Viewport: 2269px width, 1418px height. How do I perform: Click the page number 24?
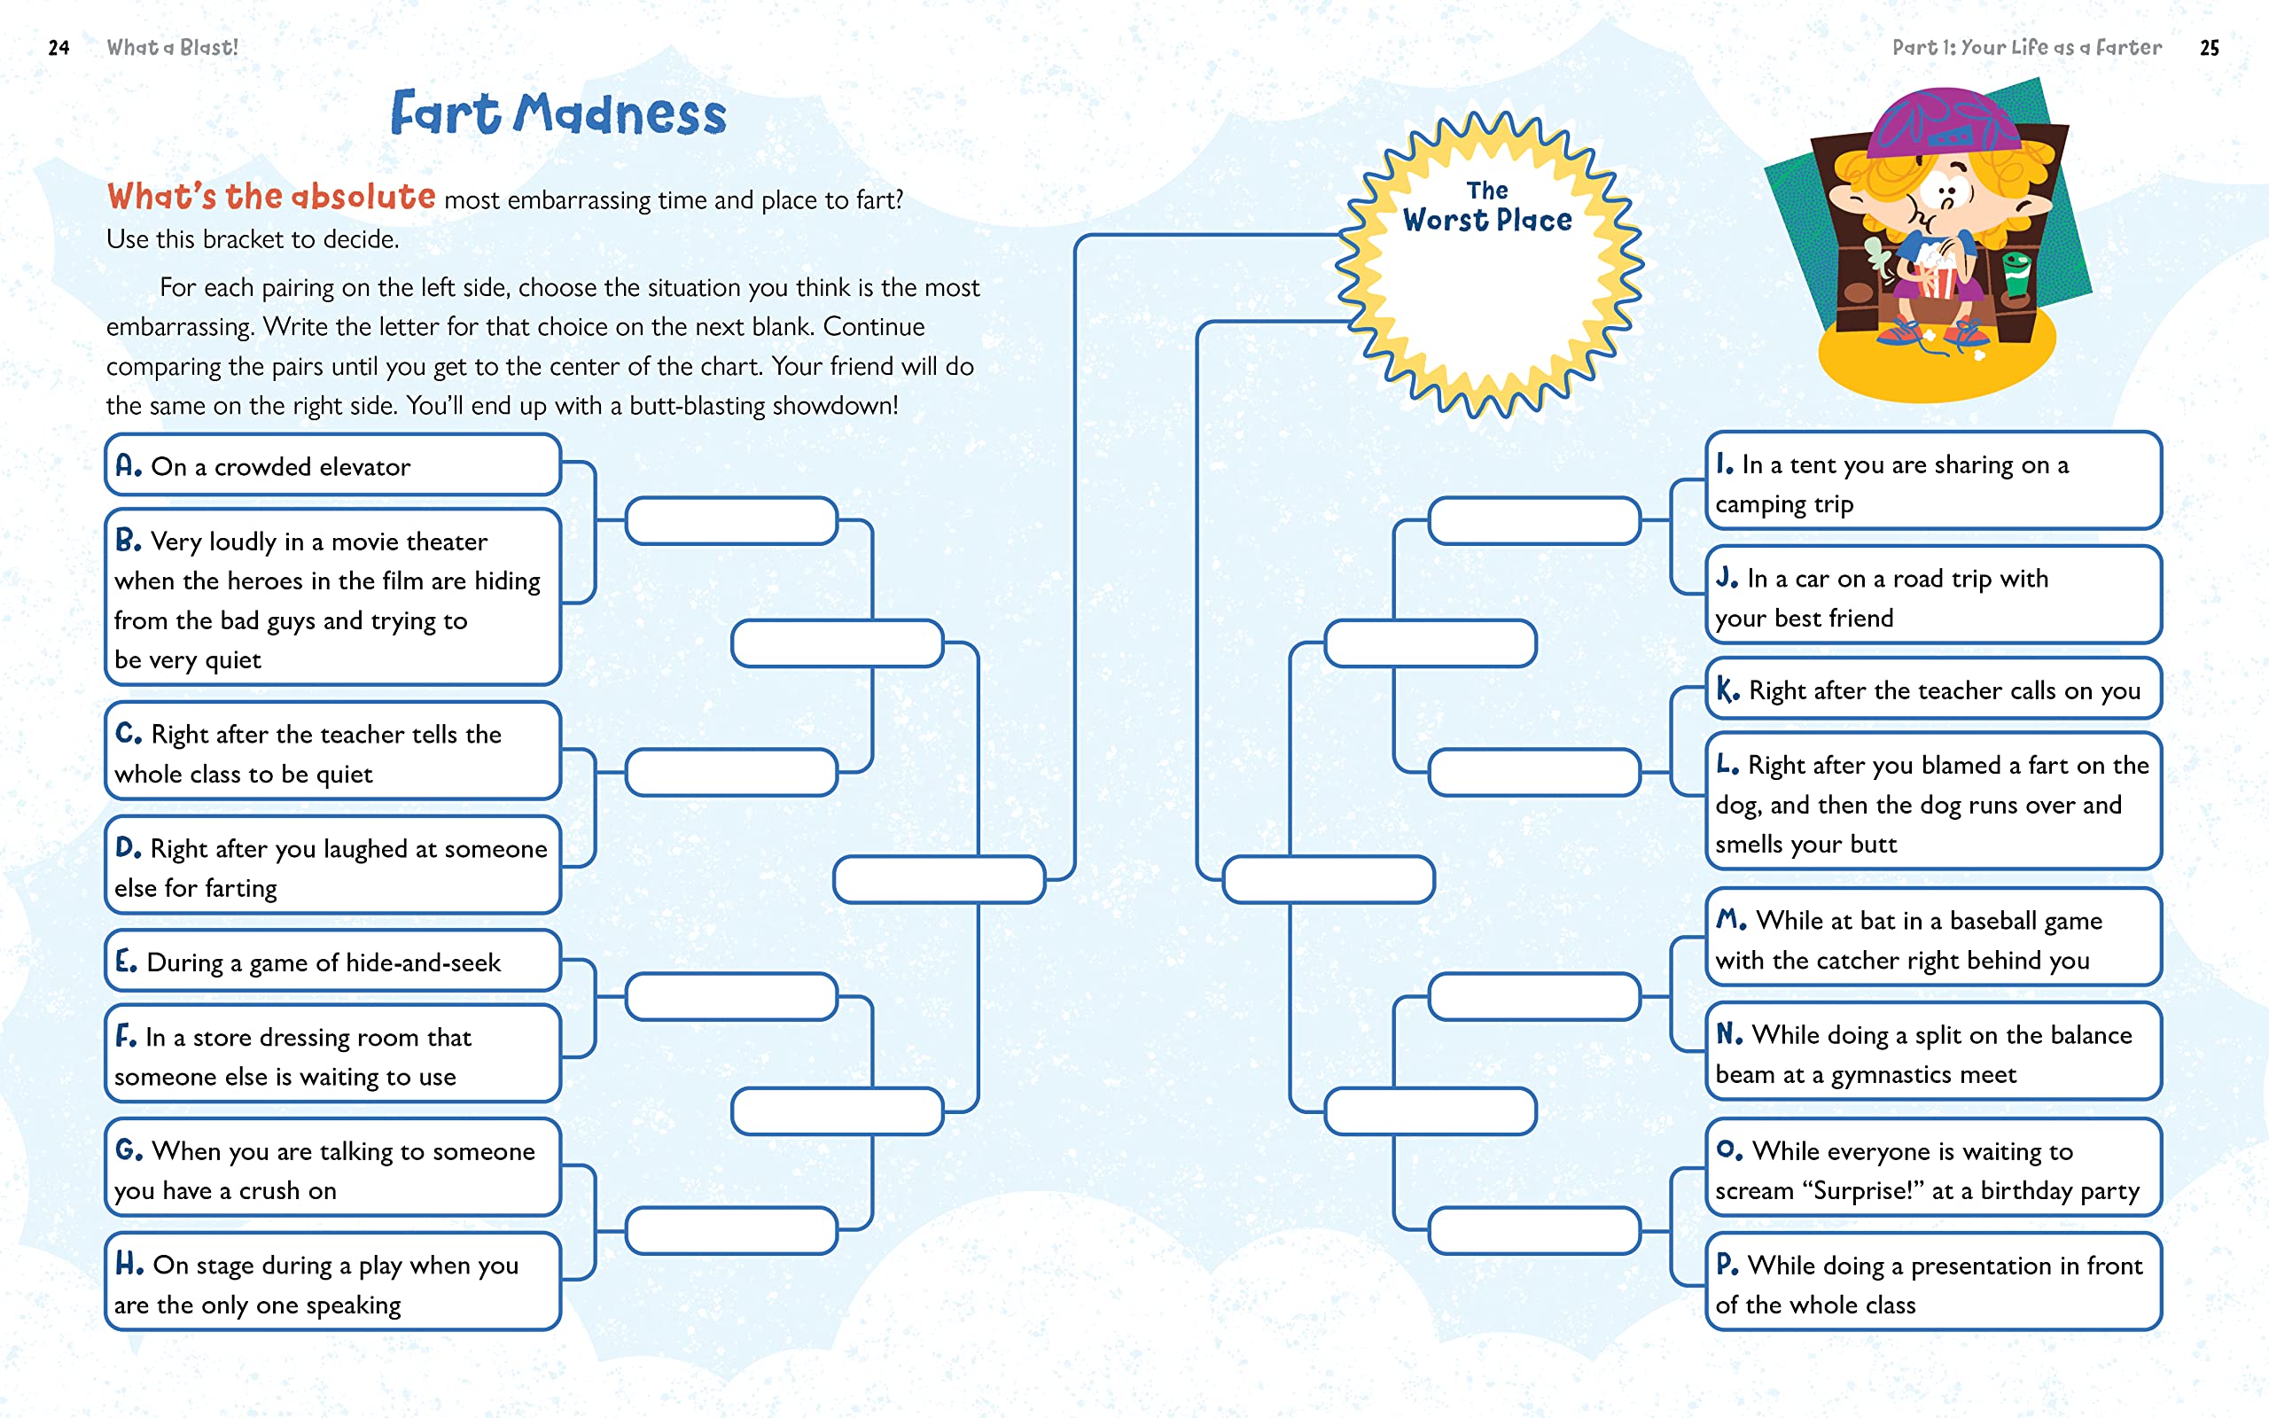58,48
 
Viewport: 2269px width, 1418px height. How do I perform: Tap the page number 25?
2209,48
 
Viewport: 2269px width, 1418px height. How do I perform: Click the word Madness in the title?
620,114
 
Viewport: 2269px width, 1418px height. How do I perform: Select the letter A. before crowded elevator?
128,465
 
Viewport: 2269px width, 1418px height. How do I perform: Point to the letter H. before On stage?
129,1264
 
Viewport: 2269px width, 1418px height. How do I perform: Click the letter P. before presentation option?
1727,1264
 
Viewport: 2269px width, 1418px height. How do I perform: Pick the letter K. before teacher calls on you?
1727,690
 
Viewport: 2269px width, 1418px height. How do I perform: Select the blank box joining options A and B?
731,520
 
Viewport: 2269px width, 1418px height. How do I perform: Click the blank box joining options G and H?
731,1230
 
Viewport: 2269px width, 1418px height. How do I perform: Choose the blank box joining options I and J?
1534,520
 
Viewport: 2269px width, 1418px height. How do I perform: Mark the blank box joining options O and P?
1534,1230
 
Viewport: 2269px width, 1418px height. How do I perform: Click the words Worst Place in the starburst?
1487,221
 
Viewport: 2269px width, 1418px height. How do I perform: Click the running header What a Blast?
173,48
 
